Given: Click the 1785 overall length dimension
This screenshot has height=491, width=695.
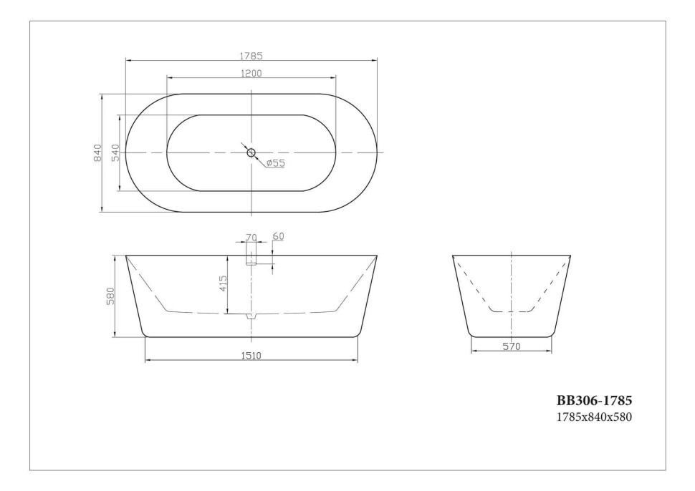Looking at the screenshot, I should click(x=251, y=55).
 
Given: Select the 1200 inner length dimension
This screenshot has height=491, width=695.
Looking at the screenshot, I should click(x=251, y=73).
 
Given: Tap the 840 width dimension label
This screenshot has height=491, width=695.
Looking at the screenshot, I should click(x=97, y=152).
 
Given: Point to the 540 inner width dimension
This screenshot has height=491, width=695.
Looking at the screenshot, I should click(x=115, y=152).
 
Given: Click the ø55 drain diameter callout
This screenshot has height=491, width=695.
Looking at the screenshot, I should click(x=275, y=163).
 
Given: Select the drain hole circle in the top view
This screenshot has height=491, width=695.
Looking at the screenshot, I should click(x=251, y=152).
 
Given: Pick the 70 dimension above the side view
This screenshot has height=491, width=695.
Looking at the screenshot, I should click(x=251, y=238).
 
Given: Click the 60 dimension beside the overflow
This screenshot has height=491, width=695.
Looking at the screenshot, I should click(x=278, y=237).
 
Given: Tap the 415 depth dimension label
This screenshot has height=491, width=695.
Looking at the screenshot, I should click(x=223, y=283).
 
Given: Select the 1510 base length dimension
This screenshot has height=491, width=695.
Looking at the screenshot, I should click(x=251, y=355).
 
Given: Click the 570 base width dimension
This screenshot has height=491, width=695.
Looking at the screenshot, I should click(x=511, y=346).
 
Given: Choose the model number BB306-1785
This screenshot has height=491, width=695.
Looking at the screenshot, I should click(x=594, y=401).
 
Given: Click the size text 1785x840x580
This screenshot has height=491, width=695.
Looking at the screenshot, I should click(x=594, y=417).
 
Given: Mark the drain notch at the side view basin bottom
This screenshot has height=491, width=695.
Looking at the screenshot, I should click(x=251, y=316).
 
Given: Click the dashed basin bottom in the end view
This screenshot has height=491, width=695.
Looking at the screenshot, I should click(x=511, y=311).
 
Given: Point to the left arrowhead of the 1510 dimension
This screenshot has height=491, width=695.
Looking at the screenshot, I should click(x=148, y=360).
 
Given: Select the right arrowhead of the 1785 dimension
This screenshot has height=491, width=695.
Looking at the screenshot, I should click(x=374, y=60).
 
